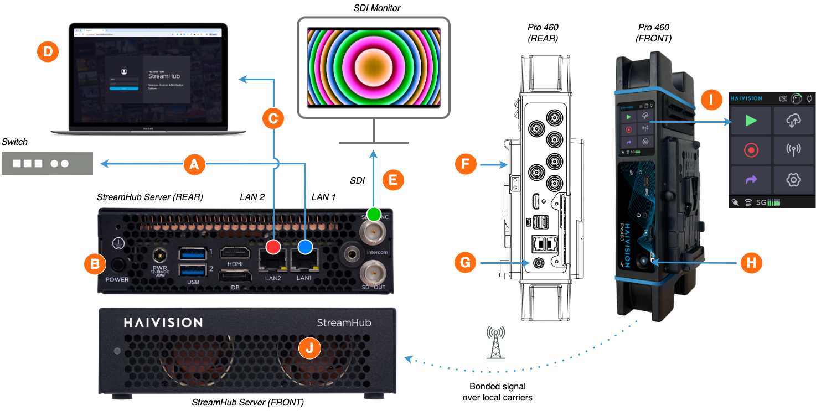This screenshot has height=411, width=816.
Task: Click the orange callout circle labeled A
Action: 194,164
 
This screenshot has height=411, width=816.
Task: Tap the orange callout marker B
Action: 94,264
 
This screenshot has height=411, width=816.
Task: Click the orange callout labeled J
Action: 309,348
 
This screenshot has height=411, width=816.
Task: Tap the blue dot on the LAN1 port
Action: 305,247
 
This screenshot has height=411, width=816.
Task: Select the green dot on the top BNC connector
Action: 374,214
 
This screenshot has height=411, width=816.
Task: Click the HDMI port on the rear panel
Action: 235,253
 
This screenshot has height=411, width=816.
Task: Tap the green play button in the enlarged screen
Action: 751,121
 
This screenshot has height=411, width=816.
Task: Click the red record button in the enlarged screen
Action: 751,150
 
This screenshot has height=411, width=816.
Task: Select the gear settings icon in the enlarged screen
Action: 793,180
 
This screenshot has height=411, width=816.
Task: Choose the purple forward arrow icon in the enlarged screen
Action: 751,180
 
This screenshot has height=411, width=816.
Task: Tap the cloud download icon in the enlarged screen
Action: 793,121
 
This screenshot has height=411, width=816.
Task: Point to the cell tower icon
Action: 495,342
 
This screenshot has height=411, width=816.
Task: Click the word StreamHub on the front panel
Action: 344,322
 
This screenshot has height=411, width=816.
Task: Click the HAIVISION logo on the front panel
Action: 163,322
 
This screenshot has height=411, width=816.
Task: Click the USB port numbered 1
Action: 192,253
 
